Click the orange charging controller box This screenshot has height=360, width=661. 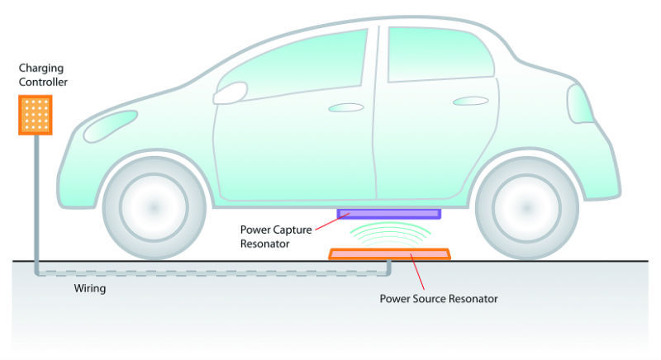(x=35, y=114)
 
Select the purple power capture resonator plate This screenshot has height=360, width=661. (x=389, y=213)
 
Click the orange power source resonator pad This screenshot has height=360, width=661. (x=389, y=254)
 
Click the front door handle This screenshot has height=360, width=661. (x=346, y=107)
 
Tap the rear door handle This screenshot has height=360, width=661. (x=469, y=102)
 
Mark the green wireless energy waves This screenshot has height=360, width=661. (x=389, y=234)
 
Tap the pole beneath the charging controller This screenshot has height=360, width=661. (x=35, y=198)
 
